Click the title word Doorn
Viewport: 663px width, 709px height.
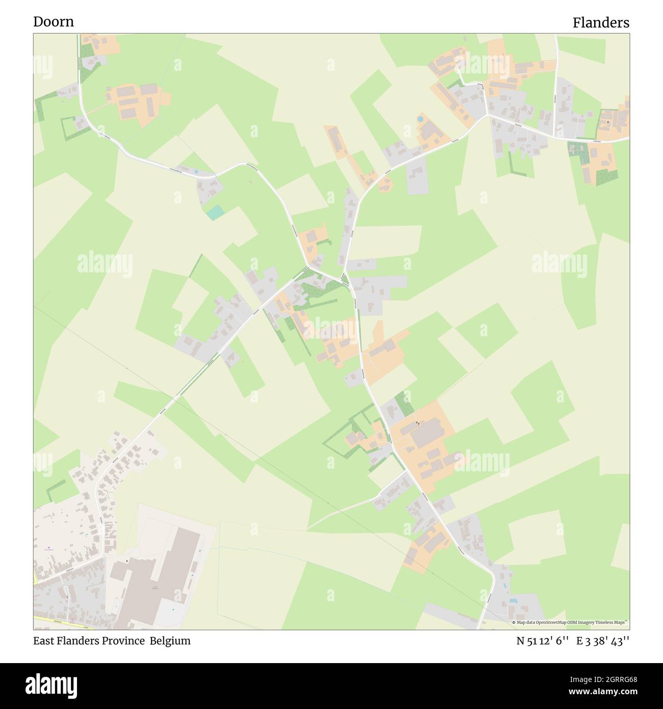tap(54, 21)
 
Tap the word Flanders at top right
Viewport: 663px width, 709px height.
tap(600, 22)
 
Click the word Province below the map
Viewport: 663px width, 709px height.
tap(124, 641)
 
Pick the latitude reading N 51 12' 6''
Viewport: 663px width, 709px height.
tap(542, 641)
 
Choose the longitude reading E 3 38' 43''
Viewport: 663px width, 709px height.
tap(603, 641)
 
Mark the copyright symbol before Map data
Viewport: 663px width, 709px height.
tap(514, 622)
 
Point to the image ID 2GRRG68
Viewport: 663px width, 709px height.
tap(611, 678)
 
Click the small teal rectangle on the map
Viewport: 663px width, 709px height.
tap(215, 212)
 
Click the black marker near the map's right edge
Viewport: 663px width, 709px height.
tap(608, 122)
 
